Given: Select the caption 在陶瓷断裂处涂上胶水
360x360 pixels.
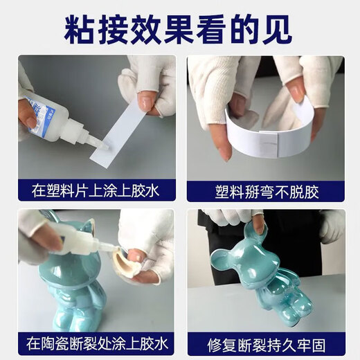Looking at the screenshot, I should coord(96,343).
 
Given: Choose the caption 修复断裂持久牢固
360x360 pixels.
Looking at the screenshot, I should coord(265,343).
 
